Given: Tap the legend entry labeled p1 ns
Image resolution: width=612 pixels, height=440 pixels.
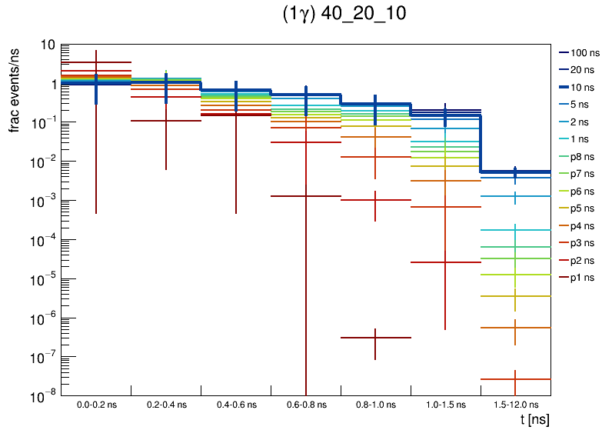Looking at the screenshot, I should tap(584, 278).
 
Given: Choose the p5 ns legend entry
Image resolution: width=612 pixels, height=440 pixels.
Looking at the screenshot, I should tap(584, 208).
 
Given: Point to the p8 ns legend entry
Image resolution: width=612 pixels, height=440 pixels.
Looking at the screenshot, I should tap(584, 156).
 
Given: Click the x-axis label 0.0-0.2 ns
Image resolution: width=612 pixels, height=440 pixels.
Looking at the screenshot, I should tap(96, 405).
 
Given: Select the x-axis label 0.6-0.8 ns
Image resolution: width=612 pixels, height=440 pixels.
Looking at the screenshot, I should tap(306, 405).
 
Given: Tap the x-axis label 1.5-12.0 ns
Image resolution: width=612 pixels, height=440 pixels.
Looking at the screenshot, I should tap(515, 405).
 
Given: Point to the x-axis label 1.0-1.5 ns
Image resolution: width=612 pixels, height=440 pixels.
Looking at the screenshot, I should tap(445, 405).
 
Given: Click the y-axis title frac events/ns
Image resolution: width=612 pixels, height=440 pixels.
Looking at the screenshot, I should tap(15, 88).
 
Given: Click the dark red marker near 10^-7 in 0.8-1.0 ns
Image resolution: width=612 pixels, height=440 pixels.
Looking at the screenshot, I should tap(375, 338).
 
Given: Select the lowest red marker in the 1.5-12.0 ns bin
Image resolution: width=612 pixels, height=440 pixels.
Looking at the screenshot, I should tap(515, 379).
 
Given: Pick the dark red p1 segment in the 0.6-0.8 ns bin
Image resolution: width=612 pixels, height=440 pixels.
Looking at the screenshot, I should tap(306, 196).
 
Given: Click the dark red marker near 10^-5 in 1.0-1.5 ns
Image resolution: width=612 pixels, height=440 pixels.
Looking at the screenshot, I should tap(445, 262).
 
